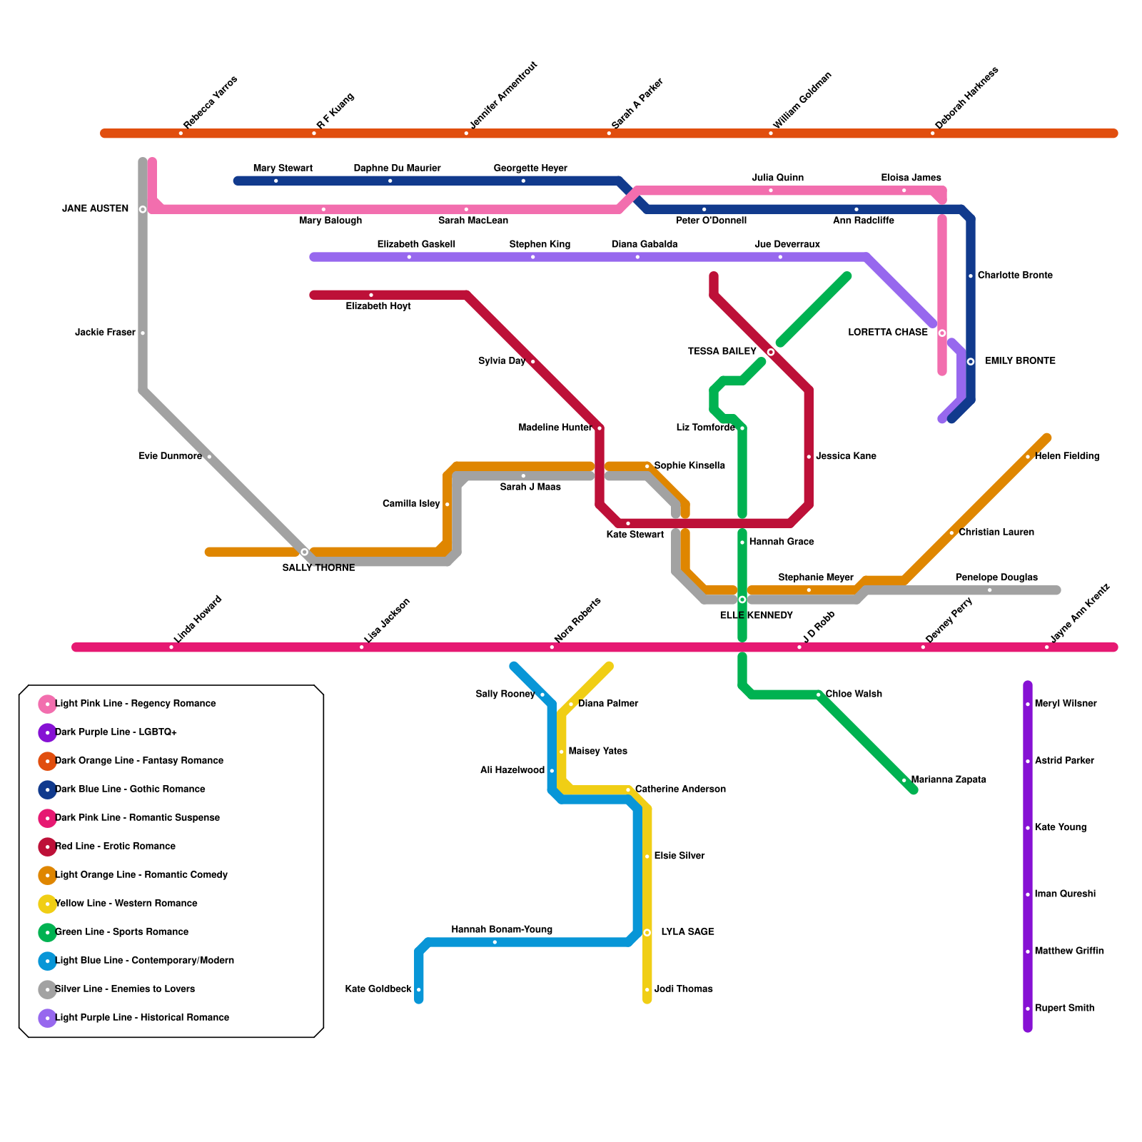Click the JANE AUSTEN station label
click(x=95, y=209)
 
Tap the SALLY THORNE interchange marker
click(x=305, y=552)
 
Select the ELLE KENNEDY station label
click(x=756, y=615)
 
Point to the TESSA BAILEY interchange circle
click(x=771, y=352)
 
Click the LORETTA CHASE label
click(x=887, y=333)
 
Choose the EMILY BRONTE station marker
click(x=971, y=361)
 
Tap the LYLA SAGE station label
click(x=687, y=932)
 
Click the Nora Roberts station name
click(x=577, y=620)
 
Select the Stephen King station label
click(x=540, y=245)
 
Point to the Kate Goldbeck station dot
click(x=419, y=990)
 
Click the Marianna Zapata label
click(x=949, y=780)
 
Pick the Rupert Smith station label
click(x=1064, y=1009)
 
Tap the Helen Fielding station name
click(x=1066, y=457)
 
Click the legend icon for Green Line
click(x=47, y=932)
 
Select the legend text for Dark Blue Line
click(x=130, y=789)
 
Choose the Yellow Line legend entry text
click(x=126, y=904)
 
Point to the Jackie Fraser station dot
click(x=143, y=333)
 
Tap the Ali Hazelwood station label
click(x=512, y=771)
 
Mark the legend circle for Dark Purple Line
click(x=47, y=732)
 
